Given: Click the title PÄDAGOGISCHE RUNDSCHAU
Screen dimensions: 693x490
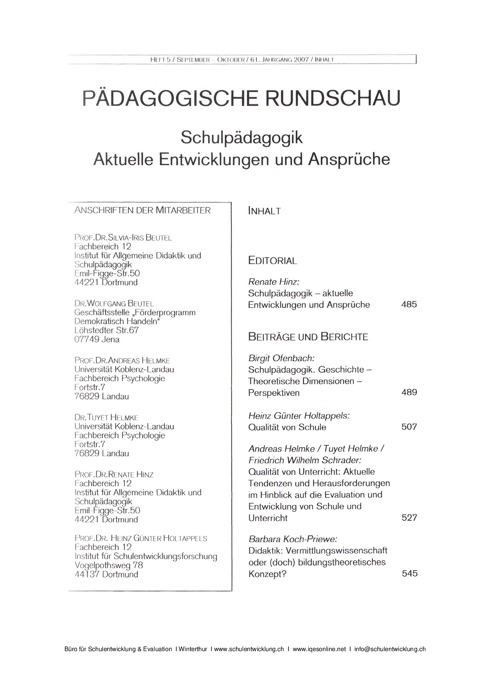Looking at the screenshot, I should (241, 98).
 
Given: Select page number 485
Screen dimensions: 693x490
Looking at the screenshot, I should (409, 304).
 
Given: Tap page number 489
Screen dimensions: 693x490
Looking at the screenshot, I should (409, 392).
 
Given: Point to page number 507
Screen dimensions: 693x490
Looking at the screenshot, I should (409, 427).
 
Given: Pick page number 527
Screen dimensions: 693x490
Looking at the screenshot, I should (409, 518).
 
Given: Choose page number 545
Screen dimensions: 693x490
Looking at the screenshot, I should (409, 573).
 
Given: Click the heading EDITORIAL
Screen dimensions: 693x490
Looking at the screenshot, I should (272, 261).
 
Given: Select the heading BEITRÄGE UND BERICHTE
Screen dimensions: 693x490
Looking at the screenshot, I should (308, 337).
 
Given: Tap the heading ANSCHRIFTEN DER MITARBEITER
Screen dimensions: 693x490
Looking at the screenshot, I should (142, 210).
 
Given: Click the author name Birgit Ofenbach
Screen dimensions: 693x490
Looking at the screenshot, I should (281, 358).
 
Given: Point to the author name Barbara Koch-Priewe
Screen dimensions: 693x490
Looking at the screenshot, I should (293, 539).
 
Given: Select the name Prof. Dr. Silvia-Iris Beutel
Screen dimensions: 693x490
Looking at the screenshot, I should (123, 238).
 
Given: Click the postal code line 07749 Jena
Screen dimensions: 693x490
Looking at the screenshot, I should (97, 339).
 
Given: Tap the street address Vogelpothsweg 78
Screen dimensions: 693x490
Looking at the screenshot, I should (109, 565).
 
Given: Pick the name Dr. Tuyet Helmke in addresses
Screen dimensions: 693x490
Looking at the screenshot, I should (106, 418).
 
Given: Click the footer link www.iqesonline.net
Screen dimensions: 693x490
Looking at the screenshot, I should (319, 649).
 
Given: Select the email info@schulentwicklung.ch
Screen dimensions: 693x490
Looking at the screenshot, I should (390, 649).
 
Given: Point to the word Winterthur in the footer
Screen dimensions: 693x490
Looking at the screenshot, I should (193, 649).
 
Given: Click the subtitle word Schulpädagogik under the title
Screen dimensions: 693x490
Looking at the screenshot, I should (241, 137).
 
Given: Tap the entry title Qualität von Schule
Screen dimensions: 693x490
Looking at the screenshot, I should (287, 427).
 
